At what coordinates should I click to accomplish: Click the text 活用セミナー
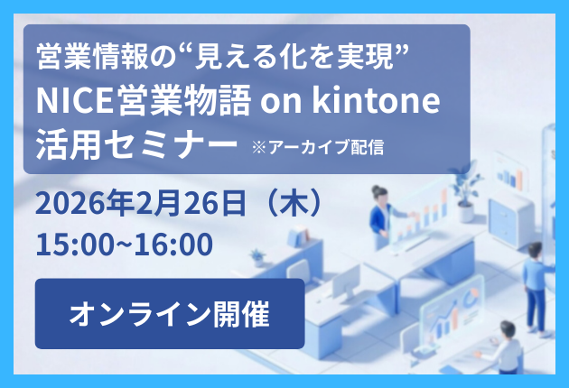click(135, 144)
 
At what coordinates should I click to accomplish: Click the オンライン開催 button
click(169, 313)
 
